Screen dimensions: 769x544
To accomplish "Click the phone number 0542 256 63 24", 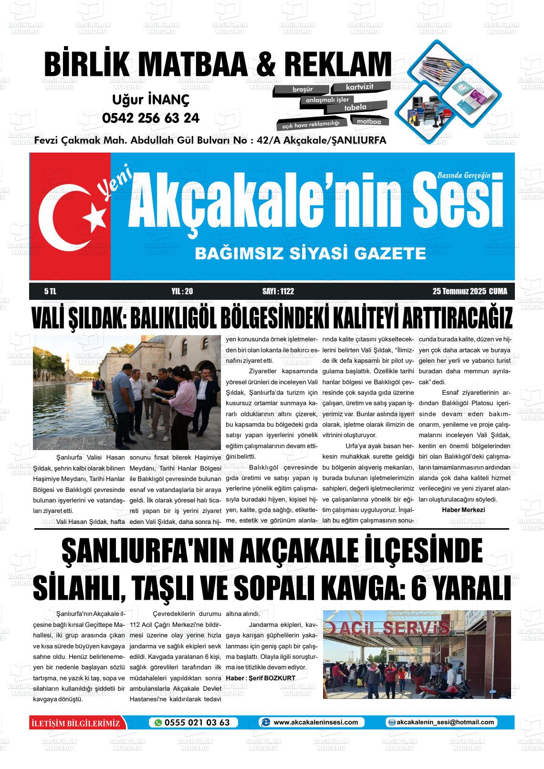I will click(x=151, y=118).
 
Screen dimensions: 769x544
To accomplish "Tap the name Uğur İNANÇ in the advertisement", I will click(x=151, y=100).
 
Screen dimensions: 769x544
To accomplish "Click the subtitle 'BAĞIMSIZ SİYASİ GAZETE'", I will click(x=310, y=254).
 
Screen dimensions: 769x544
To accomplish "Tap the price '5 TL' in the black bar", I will click(x=50, y=291).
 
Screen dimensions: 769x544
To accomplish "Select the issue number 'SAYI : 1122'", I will click(x=278, y=291).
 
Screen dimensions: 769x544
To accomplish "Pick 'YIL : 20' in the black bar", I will click(x=182, y=291).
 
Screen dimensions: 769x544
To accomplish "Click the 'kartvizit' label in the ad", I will click(x=360, y=87).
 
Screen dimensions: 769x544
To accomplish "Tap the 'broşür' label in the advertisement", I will click(x=303, y=89).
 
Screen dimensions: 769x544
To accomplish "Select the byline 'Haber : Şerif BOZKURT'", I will click(x=261, y=678).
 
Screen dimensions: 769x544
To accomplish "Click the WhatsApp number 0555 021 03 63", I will click(x=197, y=722).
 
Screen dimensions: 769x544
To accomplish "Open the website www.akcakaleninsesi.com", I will click(x=315, y=722).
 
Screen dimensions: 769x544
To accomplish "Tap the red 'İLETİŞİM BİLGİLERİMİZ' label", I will click(x=75, y=723).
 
